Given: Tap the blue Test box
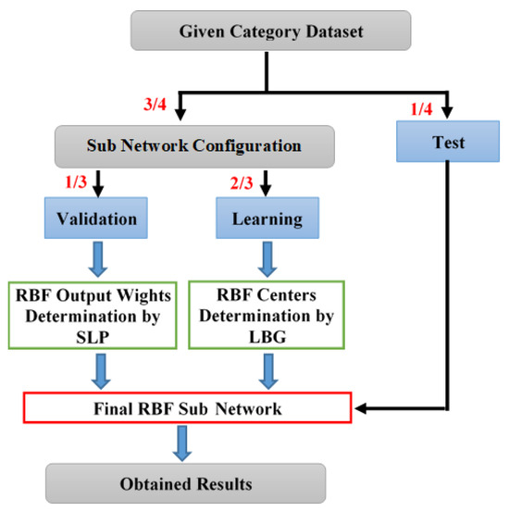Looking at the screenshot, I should (x=448, y=144).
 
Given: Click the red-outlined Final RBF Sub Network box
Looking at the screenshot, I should (x=188, y=406).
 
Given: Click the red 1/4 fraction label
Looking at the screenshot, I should (x=422, y=110).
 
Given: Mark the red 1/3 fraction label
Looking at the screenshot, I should (x=77, y=178).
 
